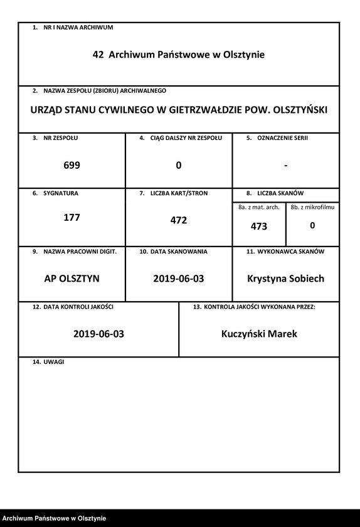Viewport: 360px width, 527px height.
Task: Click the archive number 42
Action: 98,55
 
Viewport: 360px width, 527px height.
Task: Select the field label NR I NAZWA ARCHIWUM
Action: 78,28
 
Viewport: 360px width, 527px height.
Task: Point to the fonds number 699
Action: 72,166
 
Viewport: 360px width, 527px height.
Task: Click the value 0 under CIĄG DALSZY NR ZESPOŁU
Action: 179,166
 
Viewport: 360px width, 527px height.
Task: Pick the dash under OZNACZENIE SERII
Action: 285,166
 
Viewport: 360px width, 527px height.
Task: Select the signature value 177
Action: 72,218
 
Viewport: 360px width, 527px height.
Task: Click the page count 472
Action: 179,221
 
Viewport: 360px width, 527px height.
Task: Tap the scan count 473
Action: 259,226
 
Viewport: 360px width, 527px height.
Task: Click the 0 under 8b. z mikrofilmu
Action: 312,225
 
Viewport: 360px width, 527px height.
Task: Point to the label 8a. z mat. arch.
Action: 259,207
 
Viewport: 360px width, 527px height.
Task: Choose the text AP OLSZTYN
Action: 72,278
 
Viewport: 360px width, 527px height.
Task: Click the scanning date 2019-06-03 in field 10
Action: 179,278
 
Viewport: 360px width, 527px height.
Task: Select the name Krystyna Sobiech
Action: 286,278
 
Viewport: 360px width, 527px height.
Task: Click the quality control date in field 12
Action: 98,334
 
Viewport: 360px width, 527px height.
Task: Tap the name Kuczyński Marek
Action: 259,334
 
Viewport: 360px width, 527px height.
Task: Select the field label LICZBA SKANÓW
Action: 280,194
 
